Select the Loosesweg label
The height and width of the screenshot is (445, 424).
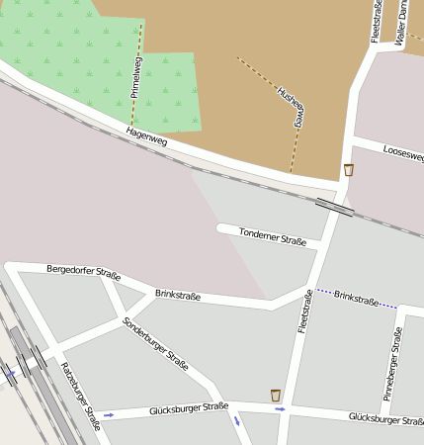[x=401, y=155]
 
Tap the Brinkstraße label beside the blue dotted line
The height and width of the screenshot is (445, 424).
[x=356, y=297]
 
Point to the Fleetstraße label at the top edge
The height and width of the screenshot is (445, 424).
[x=377, y=20]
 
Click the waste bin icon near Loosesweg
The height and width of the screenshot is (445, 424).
[x=349, y=170]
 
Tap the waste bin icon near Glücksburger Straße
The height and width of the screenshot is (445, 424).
[x=276, y=396]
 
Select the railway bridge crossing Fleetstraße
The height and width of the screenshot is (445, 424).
[x=334, y=206]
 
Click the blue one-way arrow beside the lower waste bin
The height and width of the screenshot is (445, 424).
[x=281, y=408]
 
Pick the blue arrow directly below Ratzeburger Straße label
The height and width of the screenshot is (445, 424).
[x=109, y=415]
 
